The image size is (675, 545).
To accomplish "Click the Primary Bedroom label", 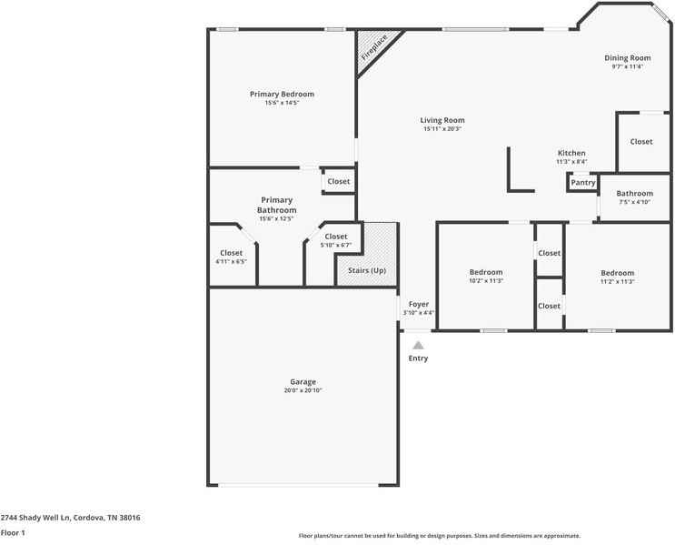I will [282, 94].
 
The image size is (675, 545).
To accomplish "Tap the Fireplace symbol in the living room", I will [373, 48].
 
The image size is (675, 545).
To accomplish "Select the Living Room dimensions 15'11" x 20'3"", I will [442, 129].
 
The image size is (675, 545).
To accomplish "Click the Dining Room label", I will [627, 58].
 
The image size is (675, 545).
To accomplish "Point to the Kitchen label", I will [571, 153].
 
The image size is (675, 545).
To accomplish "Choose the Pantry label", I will [582, 183].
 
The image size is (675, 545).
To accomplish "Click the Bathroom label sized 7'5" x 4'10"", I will [634, 193].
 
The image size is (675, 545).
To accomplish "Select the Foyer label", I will [418, 304].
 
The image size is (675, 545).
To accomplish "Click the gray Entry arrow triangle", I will [418, 346].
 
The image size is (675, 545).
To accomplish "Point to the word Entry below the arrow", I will [418, 358].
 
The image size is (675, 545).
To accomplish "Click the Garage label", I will [303, 381].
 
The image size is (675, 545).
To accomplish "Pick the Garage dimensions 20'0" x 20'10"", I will [303, 390].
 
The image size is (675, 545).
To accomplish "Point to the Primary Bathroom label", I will [277, 205].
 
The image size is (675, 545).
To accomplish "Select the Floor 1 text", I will [13, 533].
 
